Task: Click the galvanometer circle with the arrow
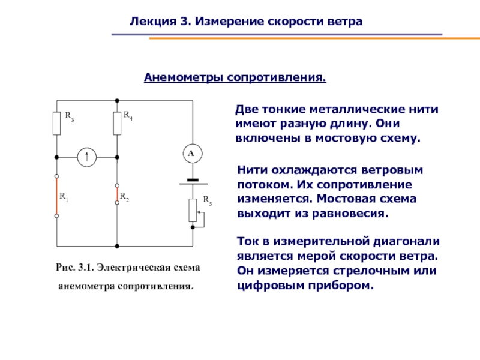point(86,157)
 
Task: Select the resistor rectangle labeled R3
point(56,122)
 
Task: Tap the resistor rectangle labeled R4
point(116,122)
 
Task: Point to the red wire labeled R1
point(56,196)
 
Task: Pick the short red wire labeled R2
point(116,194)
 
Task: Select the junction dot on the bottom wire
point(116,245)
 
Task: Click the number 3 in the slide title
point(182,23)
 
